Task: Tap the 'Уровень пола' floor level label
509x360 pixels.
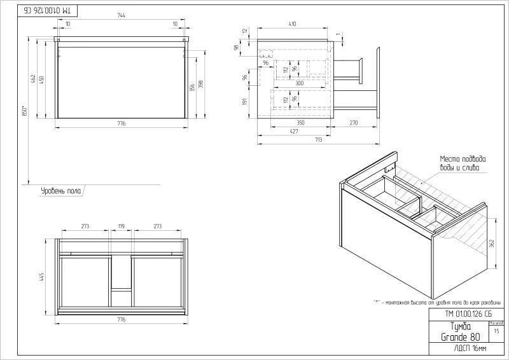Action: coord(61,190)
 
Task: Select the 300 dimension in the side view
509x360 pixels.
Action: coord(298,83)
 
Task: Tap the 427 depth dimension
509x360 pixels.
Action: coord(295,132)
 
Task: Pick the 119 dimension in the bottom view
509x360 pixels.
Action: coord(121,225)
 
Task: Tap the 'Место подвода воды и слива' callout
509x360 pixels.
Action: coord(463,163)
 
